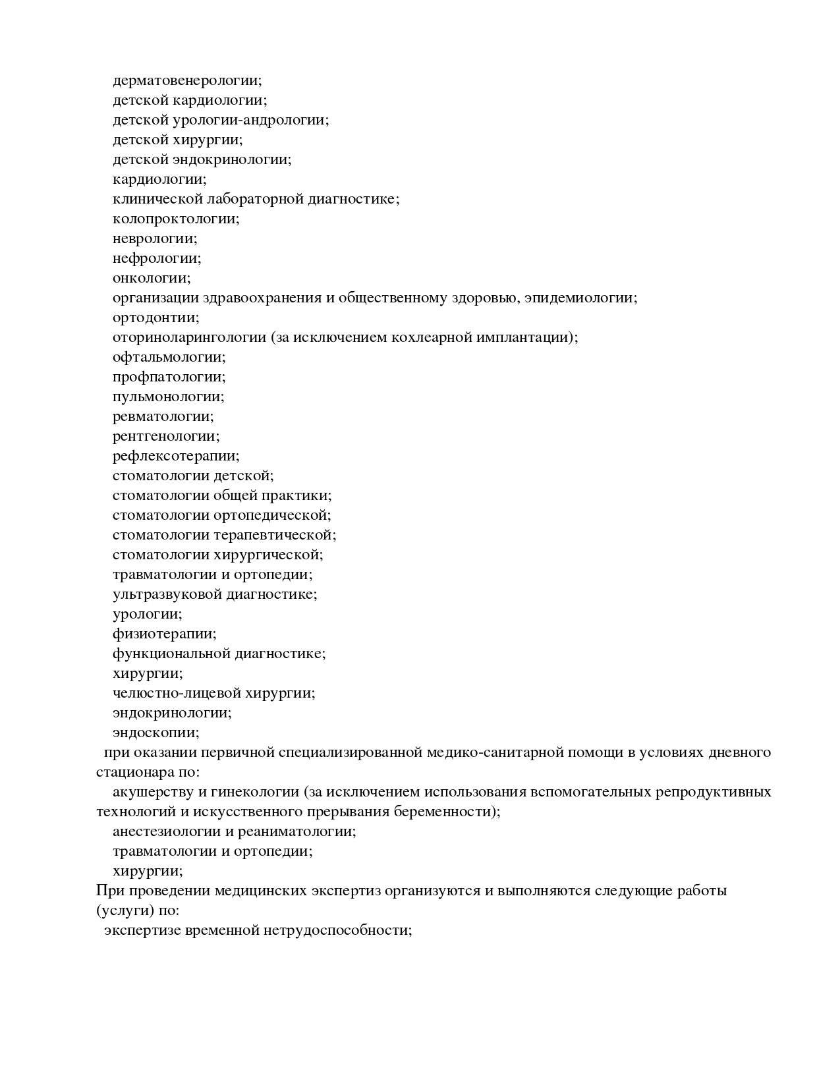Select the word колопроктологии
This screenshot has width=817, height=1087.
[175, 219]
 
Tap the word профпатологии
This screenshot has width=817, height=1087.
[168, 377]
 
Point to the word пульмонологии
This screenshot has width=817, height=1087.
[167, 397]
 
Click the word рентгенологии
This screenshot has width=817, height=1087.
[165, 436]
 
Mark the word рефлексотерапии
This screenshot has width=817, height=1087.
[175, 456]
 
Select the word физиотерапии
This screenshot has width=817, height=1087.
[163, 634]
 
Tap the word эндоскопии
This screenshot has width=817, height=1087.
[155, 733]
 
